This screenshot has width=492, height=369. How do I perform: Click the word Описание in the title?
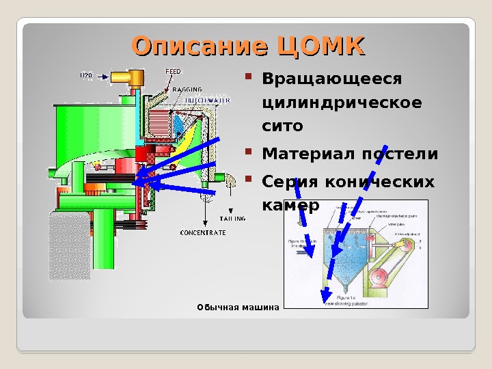[199, 46]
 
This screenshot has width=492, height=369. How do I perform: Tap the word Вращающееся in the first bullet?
[332, 80]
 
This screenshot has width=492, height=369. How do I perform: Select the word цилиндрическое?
[342, 103]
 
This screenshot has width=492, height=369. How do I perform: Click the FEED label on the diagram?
[174, 71]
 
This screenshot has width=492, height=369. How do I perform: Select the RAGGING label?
[186, 90]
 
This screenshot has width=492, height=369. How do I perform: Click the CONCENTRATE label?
[202, 232]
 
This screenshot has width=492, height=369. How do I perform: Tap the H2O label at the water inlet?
[86, 76]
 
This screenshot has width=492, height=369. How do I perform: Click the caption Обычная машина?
[238, 307]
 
